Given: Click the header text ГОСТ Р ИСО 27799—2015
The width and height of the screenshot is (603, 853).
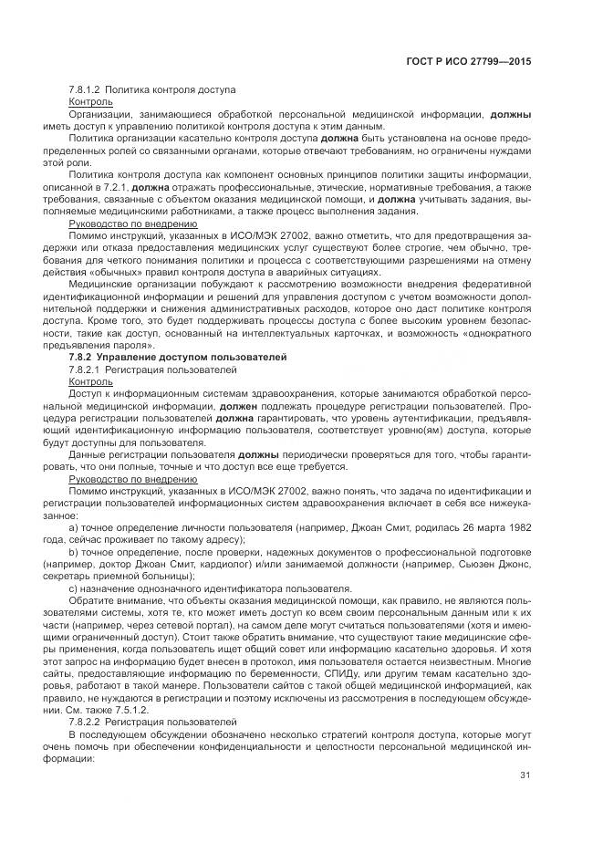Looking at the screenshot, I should (468, 62).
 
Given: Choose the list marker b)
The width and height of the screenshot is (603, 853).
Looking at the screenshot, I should (73, 551).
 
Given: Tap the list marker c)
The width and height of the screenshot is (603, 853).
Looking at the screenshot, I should (73, 587).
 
